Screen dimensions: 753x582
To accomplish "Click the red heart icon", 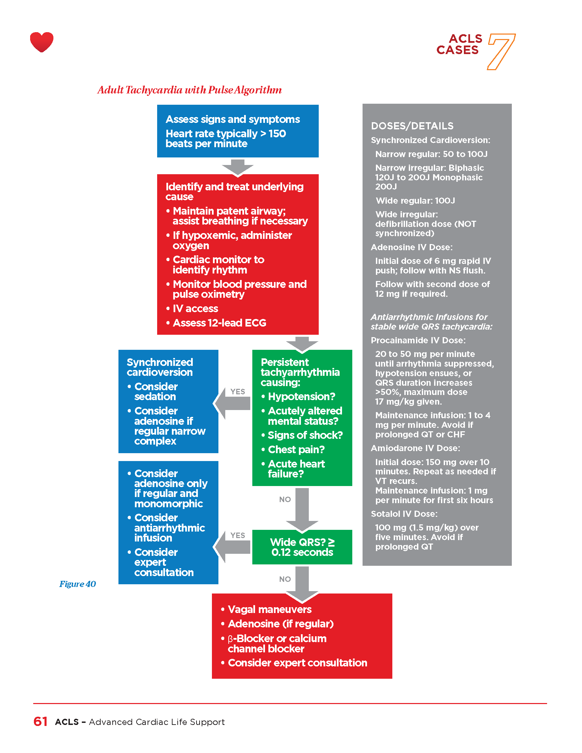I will pos(42,42).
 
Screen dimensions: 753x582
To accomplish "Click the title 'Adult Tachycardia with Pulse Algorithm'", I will pos(189,90).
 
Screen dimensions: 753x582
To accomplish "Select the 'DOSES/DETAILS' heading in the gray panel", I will pos(412,126).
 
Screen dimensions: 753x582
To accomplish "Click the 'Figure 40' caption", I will pos(78,584).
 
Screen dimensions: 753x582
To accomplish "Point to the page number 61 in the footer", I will pos(40,722).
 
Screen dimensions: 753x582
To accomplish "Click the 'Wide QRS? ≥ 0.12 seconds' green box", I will pos(302,547).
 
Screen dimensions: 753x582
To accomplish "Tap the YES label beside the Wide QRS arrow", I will pos(238,535).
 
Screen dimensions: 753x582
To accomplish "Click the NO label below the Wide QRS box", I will pos(285,579).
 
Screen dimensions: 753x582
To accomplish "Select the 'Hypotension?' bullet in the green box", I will pos(301,396).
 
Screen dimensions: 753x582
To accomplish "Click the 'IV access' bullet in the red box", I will pos(195,309).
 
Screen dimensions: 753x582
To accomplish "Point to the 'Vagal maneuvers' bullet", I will pos(269,610).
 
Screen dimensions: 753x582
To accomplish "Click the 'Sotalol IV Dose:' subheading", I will pos(404,514).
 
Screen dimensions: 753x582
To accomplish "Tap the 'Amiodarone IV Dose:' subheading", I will pos(416,448).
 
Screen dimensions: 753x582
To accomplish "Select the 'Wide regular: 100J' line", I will pos(415,201).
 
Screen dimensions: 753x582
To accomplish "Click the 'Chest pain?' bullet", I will pos(296,450).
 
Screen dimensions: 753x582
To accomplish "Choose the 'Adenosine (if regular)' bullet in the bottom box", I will pos(281,624).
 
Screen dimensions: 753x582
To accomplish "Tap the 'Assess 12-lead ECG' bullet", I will pos(219,323).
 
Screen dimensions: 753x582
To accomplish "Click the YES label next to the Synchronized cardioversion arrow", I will pos(238,392).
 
